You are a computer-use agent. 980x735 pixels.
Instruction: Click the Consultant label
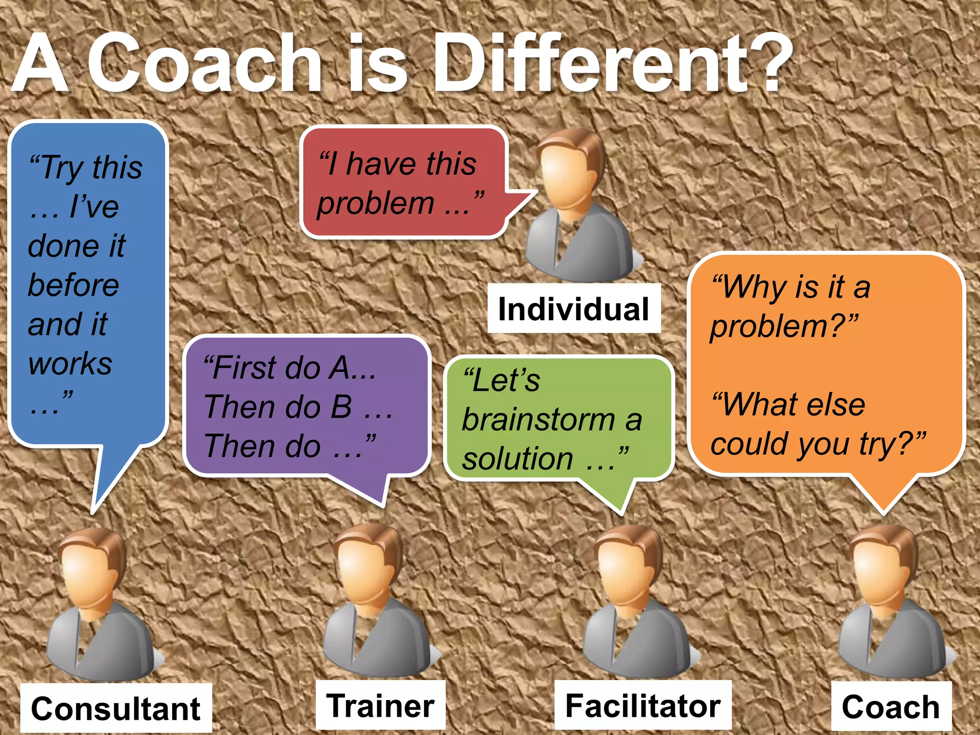[x=115, y=708]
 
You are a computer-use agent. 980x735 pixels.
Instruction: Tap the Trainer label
[x=380, y=706]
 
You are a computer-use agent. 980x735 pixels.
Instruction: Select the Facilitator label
[x=643, y=706]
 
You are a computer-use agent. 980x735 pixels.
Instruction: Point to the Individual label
[x=573, y=309]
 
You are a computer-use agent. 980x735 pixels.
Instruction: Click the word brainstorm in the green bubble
[x=538, y=420]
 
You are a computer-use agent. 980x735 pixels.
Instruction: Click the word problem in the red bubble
[x=376, y=203]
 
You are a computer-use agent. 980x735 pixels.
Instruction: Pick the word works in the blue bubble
[x=70, y=364]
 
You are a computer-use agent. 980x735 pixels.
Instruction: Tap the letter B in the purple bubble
[x=341, y=407]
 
